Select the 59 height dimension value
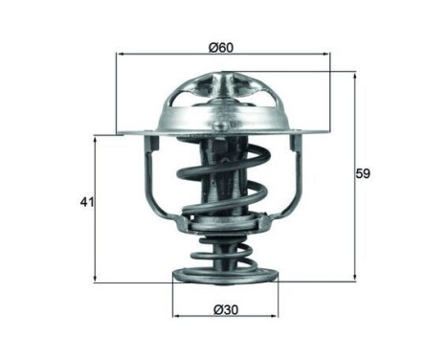pos(362,174)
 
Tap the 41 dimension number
pos(86,204)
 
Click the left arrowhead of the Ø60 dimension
pos(120,56)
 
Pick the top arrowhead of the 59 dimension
pos(354,74)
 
